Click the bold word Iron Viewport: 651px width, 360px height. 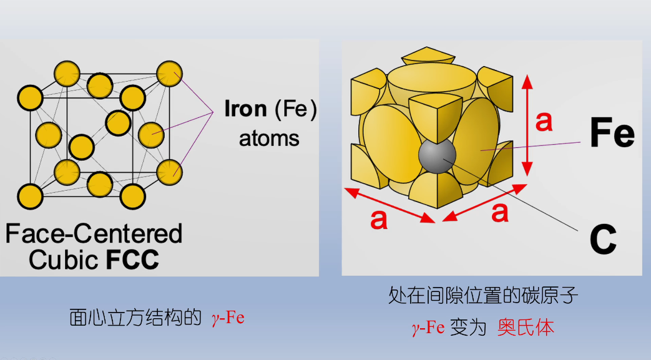pyautogui.click(x=245, y=109)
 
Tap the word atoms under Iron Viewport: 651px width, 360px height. pyautogui.click(x=269, y=138)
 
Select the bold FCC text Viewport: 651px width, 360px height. pyautogui.click(x=132, y=259)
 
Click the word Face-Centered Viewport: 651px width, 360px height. pyautogui.click(x=94, y=233)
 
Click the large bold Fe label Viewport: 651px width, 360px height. pyautogui.click(x=612, y=134)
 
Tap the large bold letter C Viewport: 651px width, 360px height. pyautogui.click(x=603, y=240)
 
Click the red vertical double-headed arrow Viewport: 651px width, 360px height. pyautogui.click(x=527, y=125)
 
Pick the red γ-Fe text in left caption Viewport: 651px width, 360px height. pyautogui.click(x=228, y=318)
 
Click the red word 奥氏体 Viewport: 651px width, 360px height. pyautogui.click(x=526, y=328)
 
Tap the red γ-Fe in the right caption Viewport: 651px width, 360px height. pyautogui.click(x=428, y=328)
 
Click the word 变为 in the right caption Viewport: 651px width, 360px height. pyautogui.click(x=471, y=328)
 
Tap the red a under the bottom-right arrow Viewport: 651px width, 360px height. pyautogui.click(x=499, y=212)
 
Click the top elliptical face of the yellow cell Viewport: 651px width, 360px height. pyautogui.click(x=431, y=80)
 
